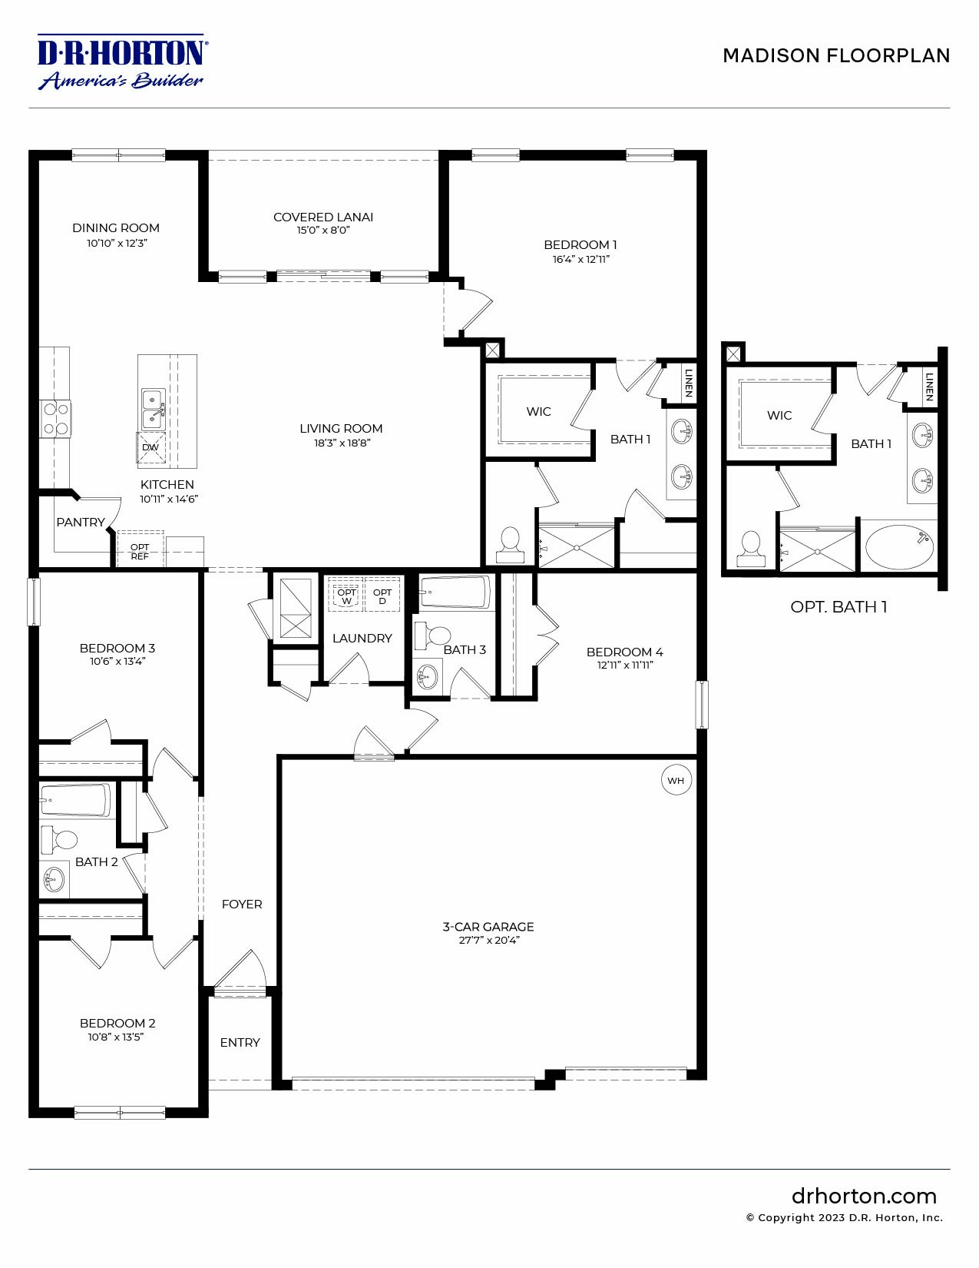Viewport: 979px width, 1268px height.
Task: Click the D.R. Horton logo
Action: tap(122, 61)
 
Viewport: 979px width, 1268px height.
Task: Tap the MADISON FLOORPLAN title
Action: tap(836, 55)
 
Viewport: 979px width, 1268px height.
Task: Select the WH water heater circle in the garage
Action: tap(676, 780)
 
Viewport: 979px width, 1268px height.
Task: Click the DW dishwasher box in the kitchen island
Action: tap(150, 447)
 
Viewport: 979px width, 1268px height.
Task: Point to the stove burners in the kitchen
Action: tap(56, 419)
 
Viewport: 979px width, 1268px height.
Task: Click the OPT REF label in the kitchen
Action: tap(140, 551)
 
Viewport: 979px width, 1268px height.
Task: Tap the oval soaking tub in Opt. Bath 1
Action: tap(899, 546)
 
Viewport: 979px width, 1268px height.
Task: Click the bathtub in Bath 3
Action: tap(455, 593)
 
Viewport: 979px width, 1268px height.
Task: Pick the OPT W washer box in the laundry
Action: tap(346, 596)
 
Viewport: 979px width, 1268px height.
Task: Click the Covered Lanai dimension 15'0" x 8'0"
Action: tap(323, 230)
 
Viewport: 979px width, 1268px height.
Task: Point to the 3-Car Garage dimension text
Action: tap(489, 940)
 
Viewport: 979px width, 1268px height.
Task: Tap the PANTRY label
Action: tap(80, 522)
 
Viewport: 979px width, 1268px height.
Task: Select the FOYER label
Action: tap(242, 904)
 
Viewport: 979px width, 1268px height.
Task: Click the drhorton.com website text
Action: tap(864, 1196)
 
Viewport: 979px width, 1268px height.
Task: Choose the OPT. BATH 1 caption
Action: tap(838, 606)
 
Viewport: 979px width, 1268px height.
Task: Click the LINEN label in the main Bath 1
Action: tap(689, 383)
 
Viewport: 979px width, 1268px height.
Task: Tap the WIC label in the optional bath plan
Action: tap(779, 415)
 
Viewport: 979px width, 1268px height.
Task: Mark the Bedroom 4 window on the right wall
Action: tap(701, 704)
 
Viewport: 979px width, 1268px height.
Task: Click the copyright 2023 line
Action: tap(844, 1217)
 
